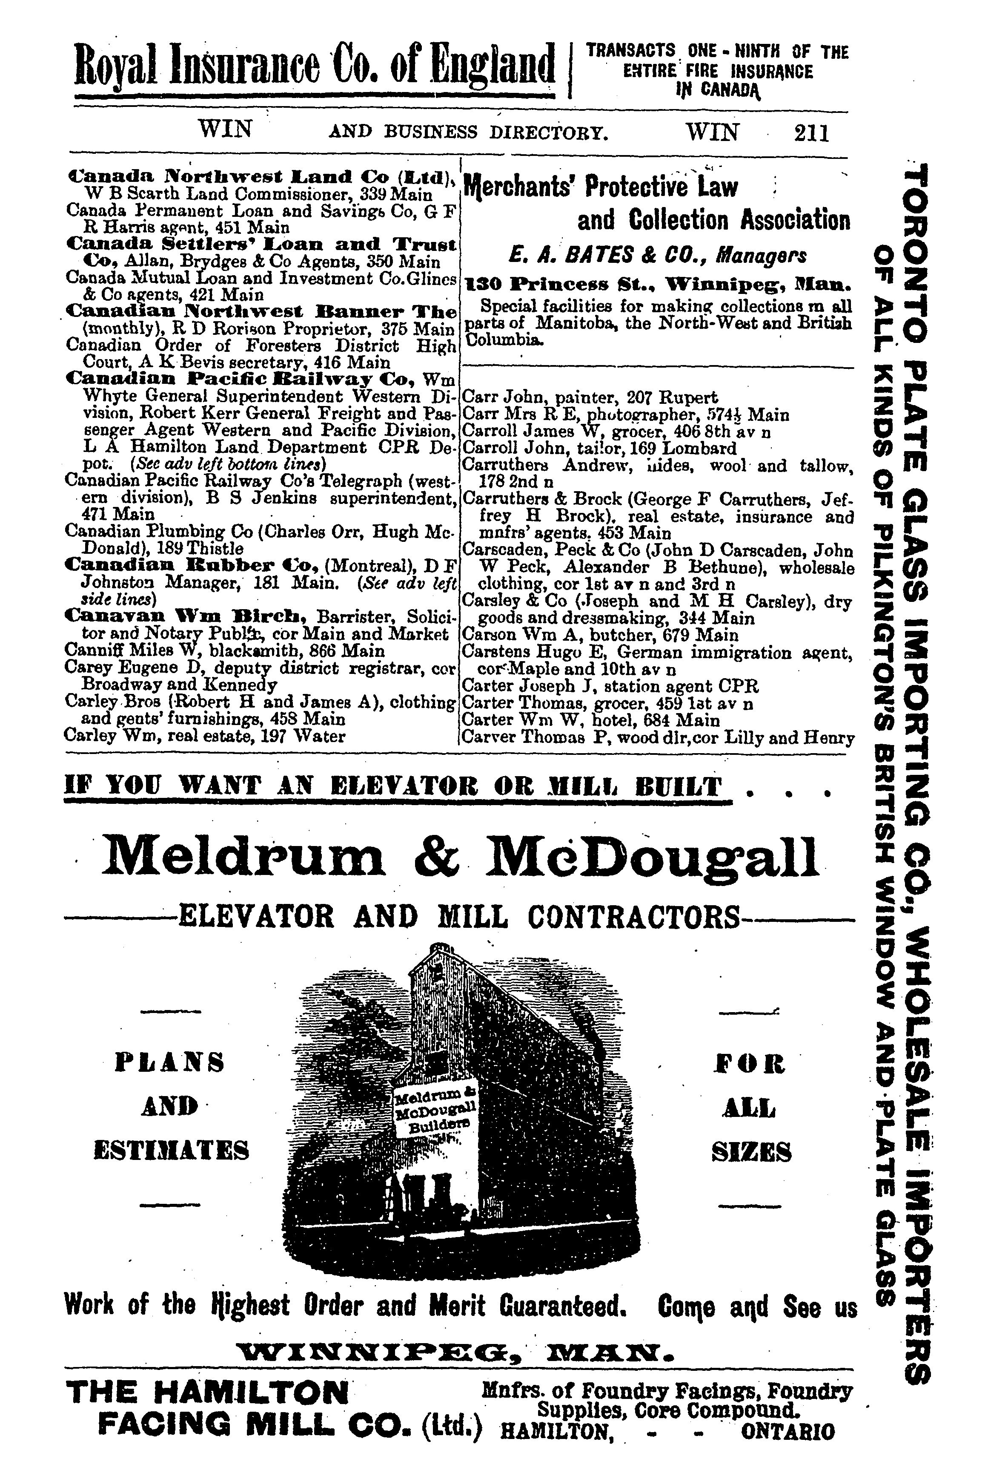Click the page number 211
(812, 133)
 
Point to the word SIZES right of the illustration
(751, 1153)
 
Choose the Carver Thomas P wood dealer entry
(658, 737)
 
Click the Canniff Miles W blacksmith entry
(224, 650)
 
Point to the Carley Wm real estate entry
(206, 736)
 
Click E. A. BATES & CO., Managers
(658, 256)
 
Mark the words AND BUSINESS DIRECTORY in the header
(469, 133)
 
